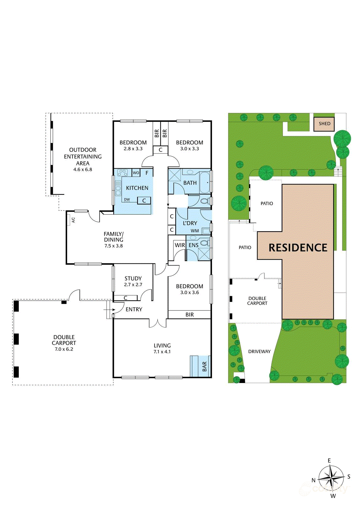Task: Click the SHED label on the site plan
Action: click(x=324, y=123)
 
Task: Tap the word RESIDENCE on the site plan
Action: click(x=298, y=248)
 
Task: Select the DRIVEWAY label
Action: click(x=259, y=352)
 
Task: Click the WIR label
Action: click(x=180, y=245)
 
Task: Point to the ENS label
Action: click(x=194, y=245)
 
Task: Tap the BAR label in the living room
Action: click(x=205, y=366)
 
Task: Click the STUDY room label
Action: click(x=133, y=278)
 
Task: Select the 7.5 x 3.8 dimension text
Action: click(x=114, y=246)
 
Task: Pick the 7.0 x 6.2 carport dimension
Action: click(x=64, y=349)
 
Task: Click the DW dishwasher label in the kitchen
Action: click(x=127, y=200)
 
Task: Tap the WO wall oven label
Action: click(x=136, y=173)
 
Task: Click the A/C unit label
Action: click(x=73, y=220)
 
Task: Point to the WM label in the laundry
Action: click(x=195, y=231)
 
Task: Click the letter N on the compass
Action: click(x=314, y=480)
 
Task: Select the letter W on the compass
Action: click(x=333, y=496)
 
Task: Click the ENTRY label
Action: click(x=134, y=310)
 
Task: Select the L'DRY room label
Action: click(x=190, y=223)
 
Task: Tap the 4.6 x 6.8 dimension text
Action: click(x=83, y=170)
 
